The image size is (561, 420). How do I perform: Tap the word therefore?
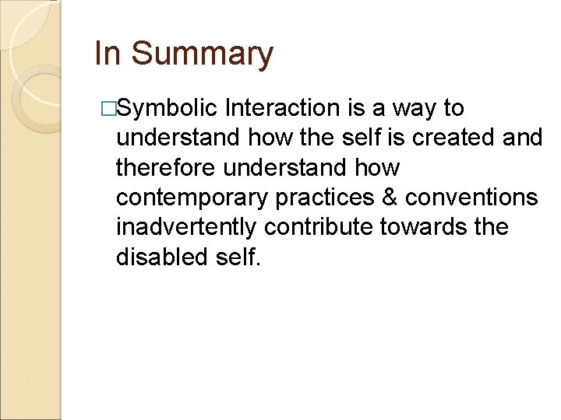pos(165,168)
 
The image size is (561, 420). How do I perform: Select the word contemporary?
pos(192,198)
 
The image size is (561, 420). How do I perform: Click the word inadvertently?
pos(187,228)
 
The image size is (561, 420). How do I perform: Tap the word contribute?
pos(318,227)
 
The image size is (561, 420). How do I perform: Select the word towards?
pos(422,227)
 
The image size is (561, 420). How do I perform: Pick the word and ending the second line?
pos(521,138)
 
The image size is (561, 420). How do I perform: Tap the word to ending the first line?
pos(453,109)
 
